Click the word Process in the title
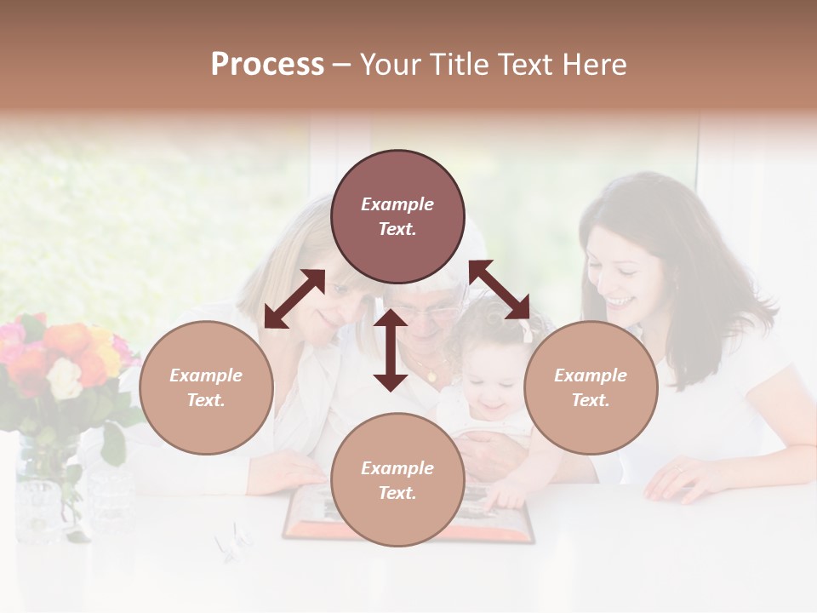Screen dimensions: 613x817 (267, 64)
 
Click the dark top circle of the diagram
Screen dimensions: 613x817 (397, 216)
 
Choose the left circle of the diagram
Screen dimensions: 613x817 (206, 387)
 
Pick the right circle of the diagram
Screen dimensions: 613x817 (591, 387)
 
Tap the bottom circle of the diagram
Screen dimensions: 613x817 (397, 480)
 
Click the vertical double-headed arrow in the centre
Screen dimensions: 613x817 (391, 350)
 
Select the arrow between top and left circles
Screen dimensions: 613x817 (294, 299)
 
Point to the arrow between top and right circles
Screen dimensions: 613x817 (500, 289)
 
